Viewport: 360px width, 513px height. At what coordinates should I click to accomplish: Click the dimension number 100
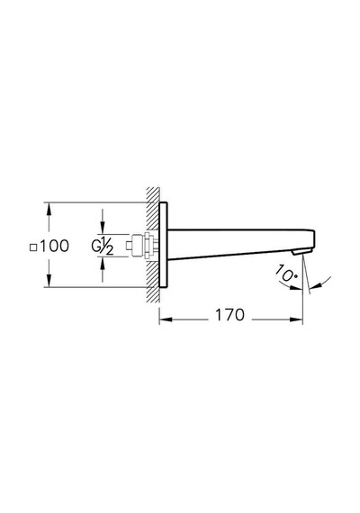55,246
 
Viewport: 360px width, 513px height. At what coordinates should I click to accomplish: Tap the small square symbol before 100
33,247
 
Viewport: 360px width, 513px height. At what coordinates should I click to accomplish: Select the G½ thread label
103,246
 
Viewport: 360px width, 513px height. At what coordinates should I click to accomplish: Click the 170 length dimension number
229,315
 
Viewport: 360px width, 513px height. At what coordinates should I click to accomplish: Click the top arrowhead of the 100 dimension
49,209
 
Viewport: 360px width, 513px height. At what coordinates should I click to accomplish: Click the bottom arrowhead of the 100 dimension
49,281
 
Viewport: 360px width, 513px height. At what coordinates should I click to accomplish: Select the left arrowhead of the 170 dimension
166,319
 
